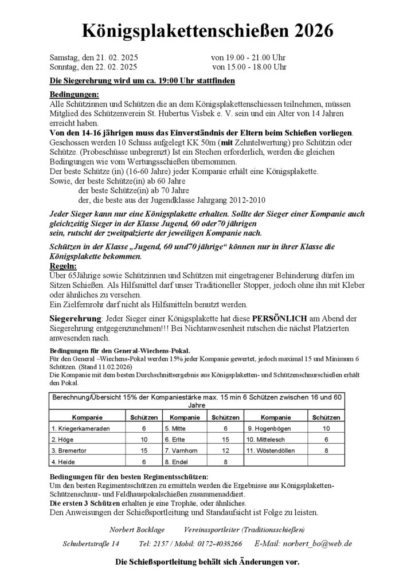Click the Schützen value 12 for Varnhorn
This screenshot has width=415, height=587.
pos(225,451)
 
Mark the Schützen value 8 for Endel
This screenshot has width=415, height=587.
pos(225,461)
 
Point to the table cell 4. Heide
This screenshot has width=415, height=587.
pos(64,461)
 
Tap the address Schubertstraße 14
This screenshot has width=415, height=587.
pos(92,543)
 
